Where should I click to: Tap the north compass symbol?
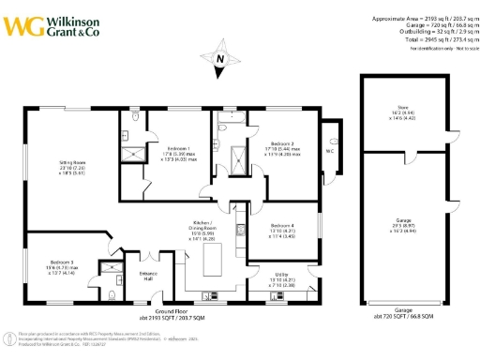click(219, 59)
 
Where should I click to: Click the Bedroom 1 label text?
click(180, 152)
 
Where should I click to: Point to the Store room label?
click(408, 111)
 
